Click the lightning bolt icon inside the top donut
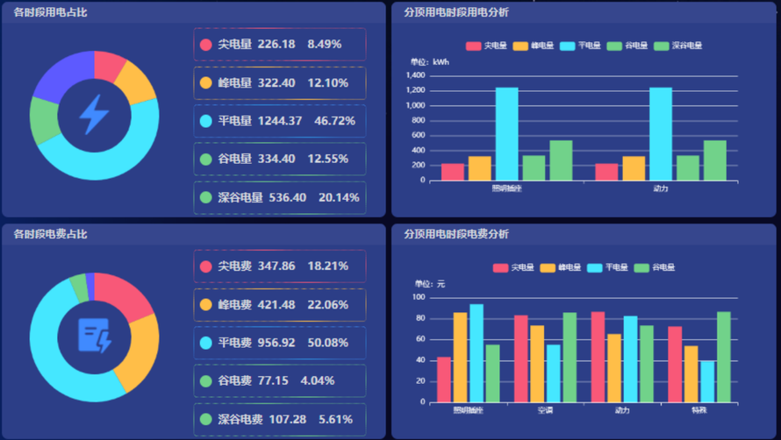pos(94,114)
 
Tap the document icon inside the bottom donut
pos(94,336)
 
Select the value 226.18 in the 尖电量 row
pos(276,44)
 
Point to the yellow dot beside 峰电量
pos(206,83)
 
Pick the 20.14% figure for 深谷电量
pos(339,198)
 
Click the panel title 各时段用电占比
pos(50,12)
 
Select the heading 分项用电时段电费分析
pos(455,235)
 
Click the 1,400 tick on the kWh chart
pos(415,76)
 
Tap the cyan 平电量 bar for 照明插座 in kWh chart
pos(506,134)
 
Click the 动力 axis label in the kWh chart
pos(660,188)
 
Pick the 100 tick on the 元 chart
pos(419,298)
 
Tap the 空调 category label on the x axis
pos(544,410)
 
